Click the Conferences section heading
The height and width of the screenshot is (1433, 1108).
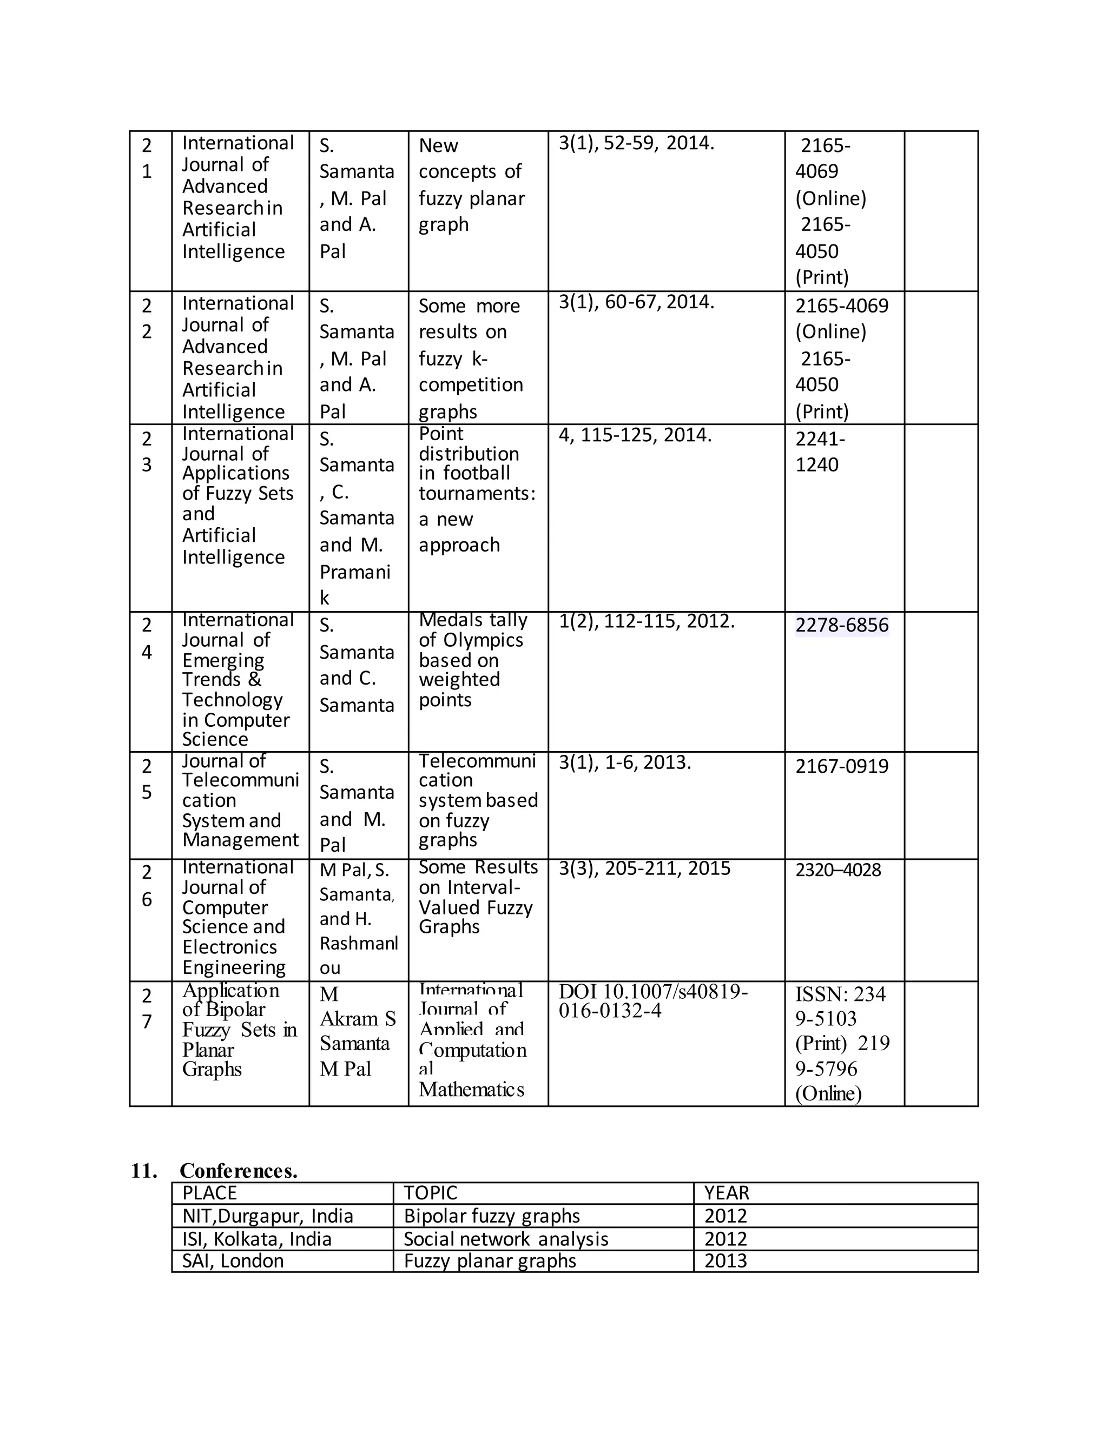(x=238, y=1171)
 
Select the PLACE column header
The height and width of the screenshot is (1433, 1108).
(x=209, y=1193)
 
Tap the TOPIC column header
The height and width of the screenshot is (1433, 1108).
(x=430, y=1193)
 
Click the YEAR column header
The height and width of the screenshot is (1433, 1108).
(x=727, y=1193)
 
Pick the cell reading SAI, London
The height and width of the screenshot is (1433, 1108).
(x=233, y=1260)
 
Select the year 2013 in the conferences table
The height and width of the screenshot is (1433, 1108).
(x=726, y=1260)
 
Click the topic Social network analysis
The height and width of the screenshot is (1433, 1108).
(x=505, y=1239)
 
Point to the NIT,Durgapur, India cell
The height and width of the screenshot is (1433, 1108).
(x=268, y=1216)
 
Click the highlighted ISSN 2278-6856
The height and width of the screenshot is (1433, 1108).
(x=841, y=625)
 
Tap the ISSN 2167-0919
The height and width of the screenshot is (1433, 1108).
(x=841, y=766)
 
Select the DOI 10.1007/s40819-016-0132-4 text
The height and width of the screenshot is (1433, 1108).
(x=652, y=1000)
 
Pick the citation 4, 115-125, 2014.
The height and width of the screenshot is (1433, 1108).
(x=635, y=435)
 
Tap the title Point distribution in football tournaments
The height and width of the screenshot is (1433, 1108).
(x=476, y=489)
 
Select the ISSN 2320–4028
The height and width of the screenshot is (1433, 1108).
(x=837, y=870)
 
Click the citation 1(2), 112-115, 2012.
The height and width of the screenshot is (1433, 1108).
(x=646, y=621)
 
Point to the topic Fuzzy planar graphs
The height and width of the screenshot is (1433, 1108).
(x=490, y=1260)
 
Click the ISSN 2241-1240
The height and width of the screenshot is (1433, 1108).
(x=819, y=452)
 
